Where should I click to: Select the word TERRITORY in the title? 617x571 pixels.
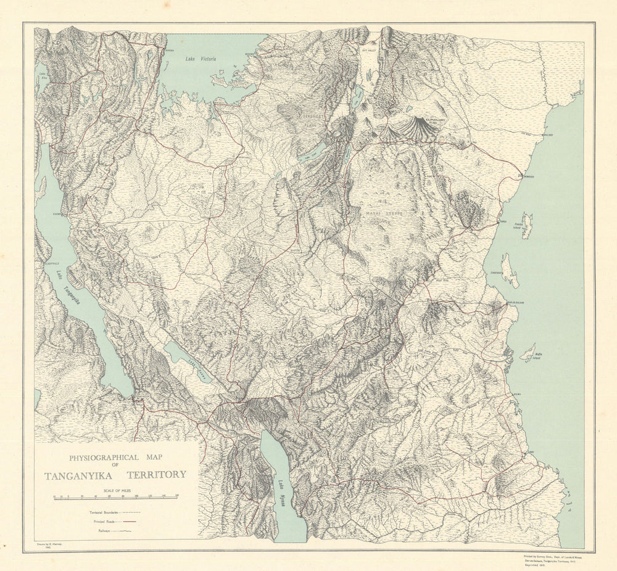coord(157,475)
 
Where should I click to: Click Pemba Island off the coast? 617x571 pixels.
coord(526,225)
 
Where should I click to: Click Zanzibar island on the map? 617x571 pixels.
coord(510,270)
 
